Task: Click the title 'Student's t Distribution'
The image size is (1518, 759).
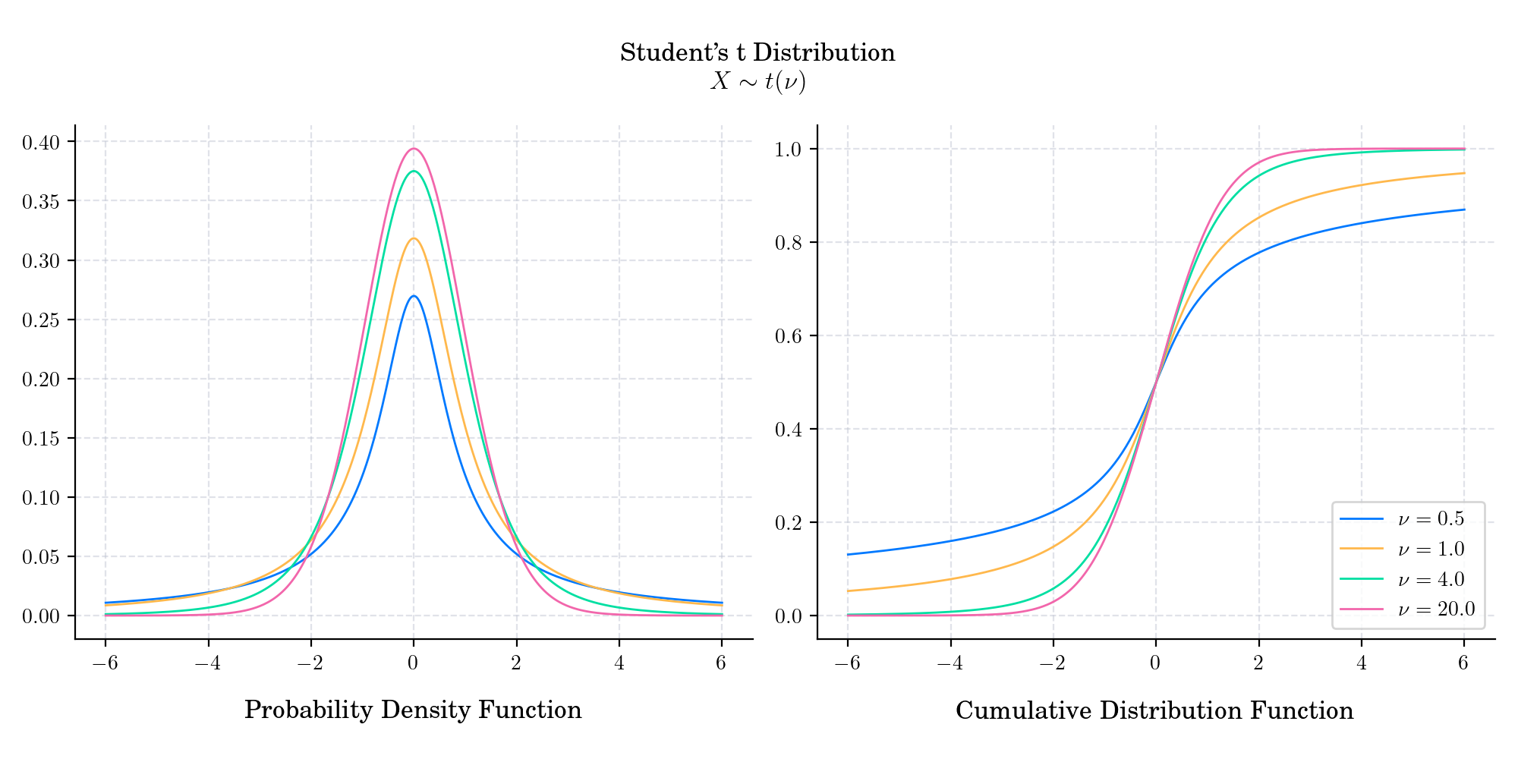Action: pos(757,53)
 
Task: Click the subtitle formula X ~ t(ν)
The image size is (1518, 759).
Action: pos(757,82)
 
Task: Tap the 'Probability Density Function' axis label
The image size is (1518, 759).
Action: pos(413,710)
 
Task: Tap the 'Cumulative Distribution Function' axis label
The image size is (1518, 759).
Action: pos(1154,710)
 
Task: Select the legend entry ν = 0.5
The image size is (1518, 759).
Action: pos(1431,519)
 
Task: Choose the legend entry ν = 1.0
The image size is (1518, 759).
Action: pos(1431,550)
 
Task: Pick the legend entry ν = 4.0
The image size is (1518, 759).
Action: pos(1431,580)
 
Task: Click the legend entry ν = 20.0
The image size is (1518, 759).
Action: pos(1436,609)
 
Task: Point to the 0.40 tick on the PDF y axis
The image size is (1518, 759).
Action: pos(41,142)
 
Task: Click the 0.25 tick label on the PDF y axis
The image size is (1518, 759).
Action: pos(41,320)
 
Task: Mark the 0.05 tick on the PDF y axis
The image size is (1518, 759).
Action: pos(41,557)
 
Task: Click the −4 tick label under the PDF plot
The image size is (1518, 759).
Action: pos(207,663)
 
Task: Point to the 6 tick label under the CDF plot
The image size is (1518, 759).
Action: pos(1463,663)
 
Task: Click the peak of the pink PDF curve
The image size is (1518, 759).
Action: pos(413,149)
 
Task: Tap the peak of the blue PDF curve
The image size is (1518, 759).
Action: pos(413,296)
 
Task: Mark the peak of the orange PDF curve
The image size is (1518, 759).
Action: pos(413,238)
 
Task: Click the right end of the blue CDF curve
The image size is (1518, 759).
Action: pos(1464,209)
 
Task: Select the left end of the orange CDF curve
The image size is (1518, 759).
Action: pos(848,591)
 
